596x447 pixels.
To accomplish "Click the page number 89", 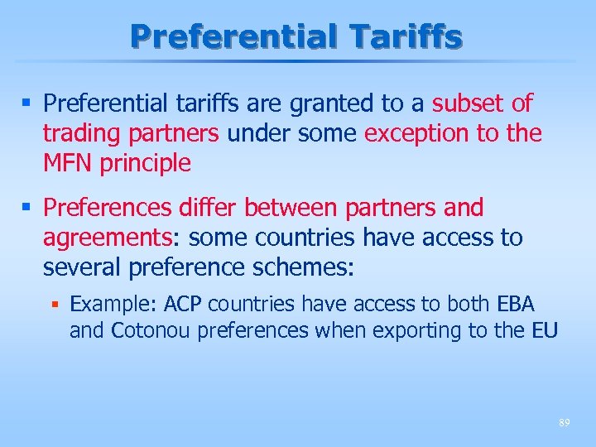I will point(564,422).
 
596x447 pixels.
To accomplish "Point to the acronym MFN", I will point(68,163).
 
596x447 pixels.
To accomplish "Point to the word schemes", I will point(314,268).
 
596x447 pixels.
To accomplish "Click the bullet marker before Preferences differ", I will point(28,208).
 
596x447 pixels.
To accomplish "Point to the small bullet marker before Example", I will point(54,305).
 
